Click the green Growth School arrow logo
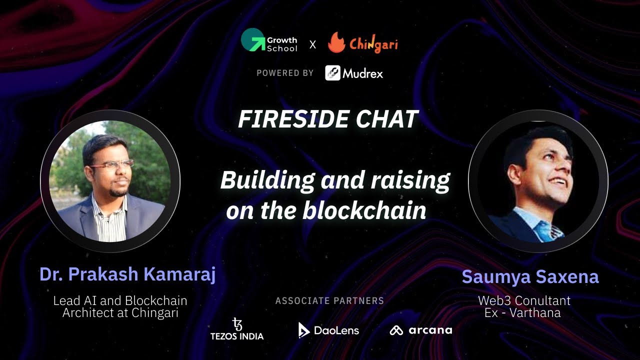(x=252, y=40)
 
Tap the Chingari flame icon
(x=336, y=43)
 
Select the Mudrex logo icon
(x=333, y=73)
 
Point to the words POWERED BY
(x=285, y=73)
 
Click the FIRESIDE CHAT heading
(x=328, y=119)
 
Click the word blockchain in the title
(x=364, y=211)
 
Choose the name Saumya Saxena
(x=530, y=276)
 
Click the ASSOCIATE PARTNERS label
(x=329, y=301)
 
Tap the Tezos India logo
(x=237, y=329)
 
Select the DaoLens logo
(x=328, y=330)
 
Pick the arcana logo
(x=420, y=330)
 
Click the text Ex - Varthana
(x=522, y=313)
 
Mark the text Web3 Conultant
(x=524, y=301)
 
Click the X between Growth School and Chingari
(x=312, y=44)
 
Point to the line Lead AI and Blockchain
(x=120, y=301)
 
